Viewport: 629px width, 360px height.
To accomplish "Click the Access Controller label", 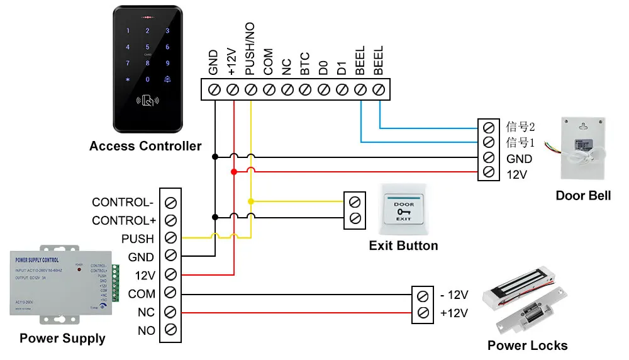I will click(145, 147).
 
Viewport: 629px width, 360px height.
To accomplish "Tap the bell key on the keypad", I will click(167, 79).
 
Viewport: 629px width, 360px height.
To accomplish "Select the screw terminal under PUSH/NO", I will click(250, 90).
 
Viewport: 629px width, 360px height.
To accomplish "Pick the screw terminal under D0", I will click(323, 90).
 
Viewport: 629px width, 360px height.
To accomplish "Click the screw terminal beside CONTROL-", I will click(170, 203).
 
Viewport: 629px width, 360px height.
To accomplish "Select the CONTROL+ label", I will click(123, 221).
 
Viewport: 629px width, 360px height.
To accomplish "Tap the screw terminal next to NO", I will click(170, 330).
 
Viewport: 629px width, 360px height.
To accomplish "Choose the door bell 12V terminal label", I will click(516, 175).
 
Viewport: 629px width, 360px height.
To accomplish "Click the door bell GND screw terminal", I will click(487, 158).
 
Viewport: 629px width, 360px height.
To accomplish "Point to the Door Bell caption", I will click(583, 196).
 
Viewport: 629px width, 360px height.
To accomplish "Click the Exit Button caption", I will click(403, 245).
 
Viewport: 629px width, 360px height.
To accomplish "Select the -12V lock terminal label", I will click(454, 295).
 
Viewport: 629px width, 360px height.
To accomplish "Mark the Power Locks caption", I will click(527, 346).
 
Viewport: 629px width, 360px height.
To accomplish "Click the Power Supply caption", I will click(62, 339).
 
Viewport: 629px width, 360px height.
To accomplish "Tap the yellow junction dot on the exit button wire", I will click(251, 202).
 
